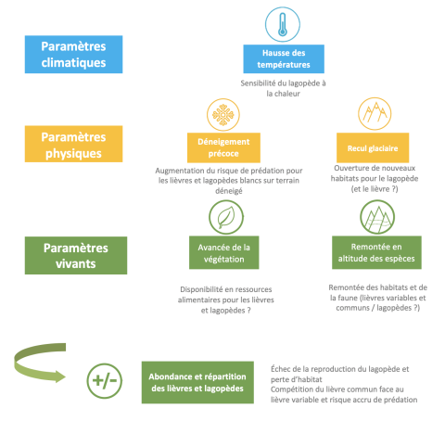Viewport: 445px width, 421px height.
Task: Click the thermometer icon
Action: tap(283, 24)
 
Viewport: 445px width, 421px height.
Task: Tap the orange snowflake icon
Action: tap(223, 115)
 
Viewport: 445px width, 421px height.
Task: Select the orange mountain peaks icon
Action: tap(375, 113)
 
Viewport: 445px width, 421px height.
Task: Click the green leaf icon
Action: tap(226, 217)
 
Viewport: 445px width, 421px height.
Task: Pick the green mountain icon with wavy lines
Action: tap(377, 217)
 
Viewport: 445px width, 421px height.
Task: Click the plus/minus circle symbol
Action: tap(104, 381)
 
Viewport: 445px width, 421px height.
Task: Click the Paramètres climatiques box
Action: tap(73, 55)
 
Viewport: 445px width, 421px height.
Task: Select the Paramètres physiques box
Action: tap(73, 144)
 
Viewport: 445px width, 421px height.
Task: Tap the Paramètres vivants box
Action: tap(76, 255)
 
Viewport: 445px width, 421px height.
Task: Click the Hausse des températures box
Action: tap(284, 58)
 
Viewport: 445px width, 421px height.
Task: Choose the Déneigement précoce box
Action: tap(223, 147)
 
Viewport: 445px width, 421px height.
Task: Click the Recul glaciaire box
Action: tap(373, 147)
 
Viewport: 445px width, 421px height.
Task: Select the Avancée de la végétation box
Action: tap(224, 252)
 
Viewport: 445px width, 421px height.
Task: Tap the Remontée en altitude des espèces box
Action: tap(376, 252)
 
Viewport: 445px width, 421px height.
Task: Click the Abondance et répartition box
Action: tap(197, 382)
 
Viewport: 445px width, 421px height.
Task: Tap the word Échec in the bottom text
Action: tap(280, 369)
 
